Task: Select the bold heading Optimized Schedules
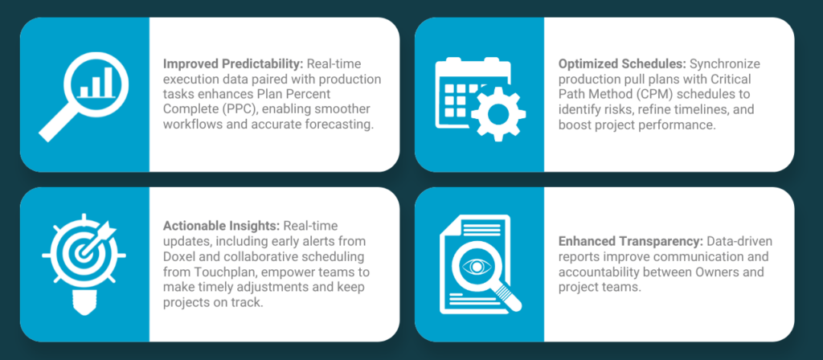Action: [x=622, y=64]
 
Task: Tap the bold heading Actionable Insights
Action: [x=222, y=226]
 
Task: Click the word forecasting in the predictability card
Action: [x=346, y=125]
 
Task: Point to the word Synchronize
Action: [x=725, y=64]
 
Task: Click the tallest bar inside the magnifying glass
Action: [x=108, y=82]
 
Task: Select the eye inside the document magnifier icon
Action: [x=476, y=267]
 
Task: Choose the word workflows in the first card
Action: [x=189, y=125]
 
